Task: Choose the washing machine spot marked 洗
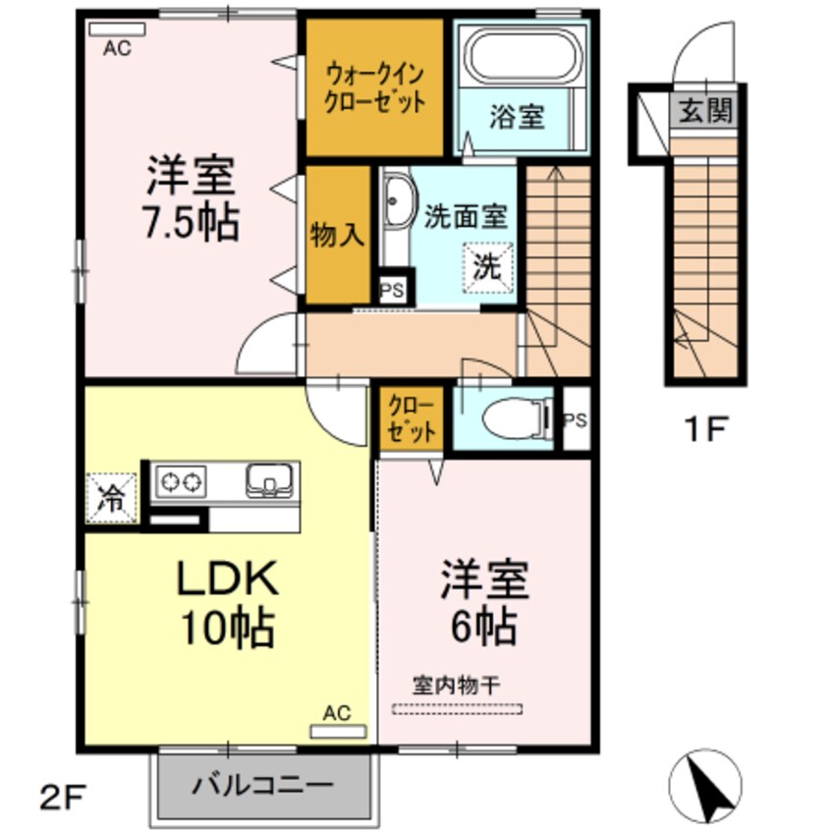[488, 264]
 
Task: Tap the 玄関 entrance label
[703, 110]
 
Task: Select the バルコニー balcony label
[263, 785]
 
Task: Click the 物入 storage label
[338, 235]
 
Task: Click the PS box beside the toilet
[576, 419]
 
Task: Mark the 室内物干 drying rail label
[457, 686]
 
